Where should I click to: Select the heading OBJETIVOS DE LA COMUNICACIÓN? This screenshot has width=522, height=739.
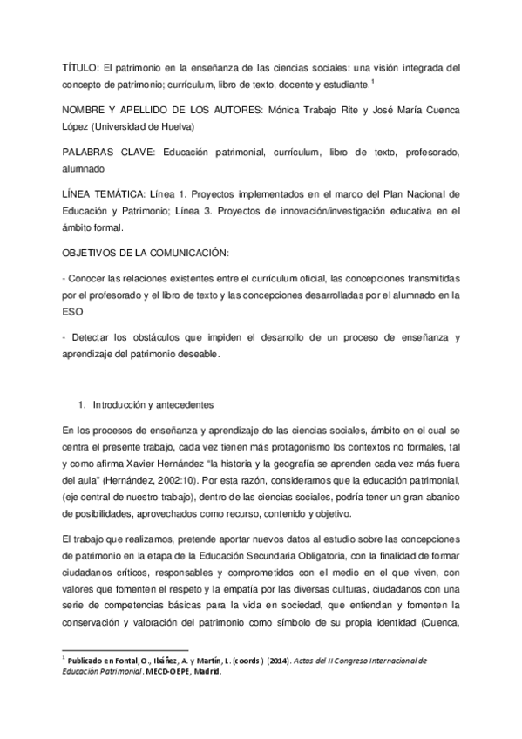(146, 253)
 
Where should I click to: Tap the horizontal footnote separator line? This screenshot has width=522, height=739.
(126, 649)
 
